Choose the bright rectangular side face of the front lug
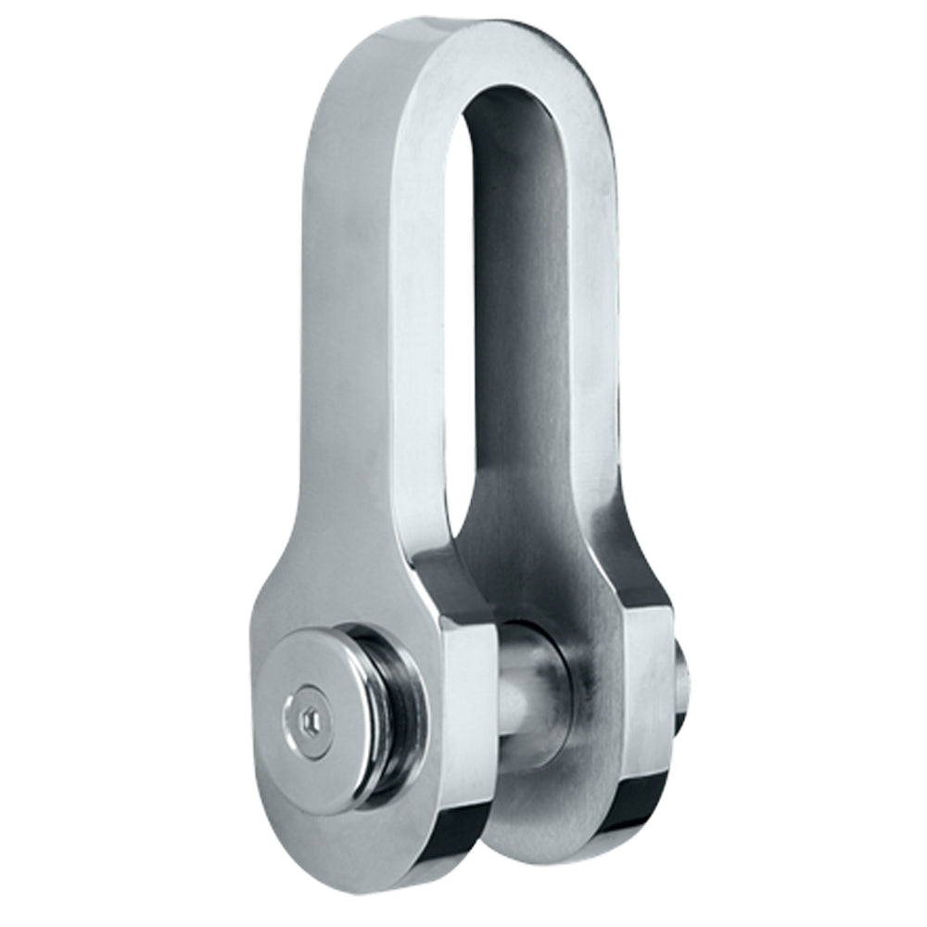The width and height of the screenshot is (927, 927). [468, 705]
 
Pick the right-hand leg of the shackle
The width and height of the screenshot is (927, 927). [593, 324]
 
